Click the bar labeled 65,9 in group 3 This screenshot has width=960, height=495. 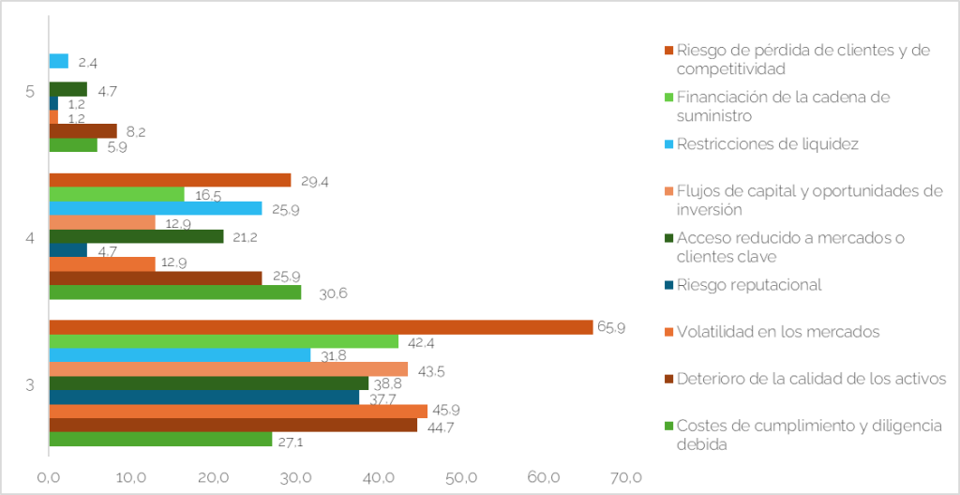(320, 327)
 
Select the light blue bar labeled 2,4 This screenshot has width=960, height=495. (58, 61)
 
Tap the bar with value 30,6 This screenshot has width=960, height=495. (174, 292)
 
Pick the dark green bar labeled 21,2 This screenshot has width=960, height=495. (136, 236)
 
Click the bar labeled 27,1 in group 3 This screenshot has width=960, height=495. (160, 439)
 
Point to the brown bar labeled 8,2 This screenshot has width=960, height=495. (82, 131)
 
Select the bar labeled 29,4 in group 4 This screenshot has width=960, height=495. (170, 180)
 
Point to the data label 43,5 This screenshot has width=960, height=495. (430, 370)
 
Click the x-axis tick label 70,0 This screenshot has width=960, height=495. (626, 478)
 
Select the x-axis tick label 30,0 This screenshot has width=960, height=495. (296, 478)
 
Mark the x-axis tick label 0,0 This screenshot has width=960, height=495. (49, 478)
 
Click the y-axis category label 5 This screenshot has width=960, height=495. (31, 92)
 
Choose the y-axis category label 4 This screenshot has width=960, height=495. (31, 238)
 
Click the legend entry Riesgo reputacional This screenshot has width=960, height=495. (748, 285)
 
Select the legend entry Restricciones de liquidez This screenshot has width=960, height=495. (767, 143)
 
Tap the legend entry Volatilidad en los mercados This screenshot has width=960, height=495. (778, 331)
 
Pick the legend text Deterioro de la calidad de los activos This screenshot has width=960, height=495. (811, 378)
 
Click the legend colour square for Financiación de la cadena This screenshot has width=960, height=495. (668, 97)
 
